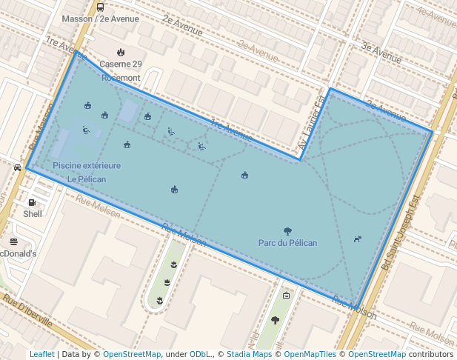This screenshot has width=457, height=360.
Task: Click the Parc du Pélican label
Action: (x=287, y=243)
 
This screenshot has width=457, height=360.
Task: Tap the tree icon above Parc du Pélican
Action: (x=287, y=231)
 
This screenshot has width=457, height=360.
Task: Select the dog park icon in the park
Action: (x=358, y=239)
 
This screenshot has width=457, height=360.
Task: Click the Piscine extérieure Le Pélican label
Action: (x=87, y=172)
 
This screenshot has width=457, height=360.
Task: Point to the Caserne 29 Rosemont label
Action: (x=120, y=71)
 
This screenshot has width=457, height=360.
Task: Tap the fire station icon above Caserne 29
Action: (x=121, y=52)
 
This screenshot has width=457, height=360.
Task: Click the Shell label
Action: (x=33, y=214)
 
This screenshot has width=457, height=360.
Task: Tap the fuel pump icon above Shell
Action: (x=32, y=202)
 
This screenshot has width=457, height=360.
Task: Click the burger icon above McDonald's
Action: (x=13, y=241)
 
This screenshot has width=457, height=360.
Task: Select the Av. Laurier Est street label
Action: (x=312, y=126)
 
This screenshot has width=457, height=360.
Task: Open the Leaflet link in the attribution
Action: (x=41, y=354)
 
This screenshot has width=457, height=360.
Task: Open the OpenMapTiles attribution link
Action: (x=310, y=354)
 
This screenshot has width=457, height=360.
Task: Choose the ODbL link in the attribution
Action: (x=200, y=354)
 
